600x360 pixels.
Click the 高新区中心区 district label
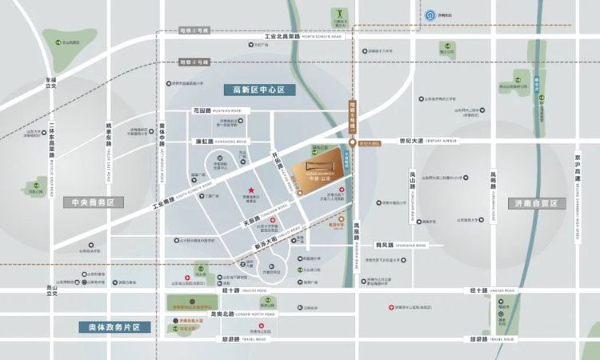[x=258, y=90]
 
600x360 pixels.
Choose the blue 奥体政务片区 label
[x=114, y=327]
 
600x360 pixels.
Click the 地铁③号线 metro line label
[x=194, y=30]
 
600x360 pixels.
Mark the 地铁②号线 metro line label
[x=193, y=62]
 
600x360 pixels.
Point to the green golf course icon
[x=336, y=14]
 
